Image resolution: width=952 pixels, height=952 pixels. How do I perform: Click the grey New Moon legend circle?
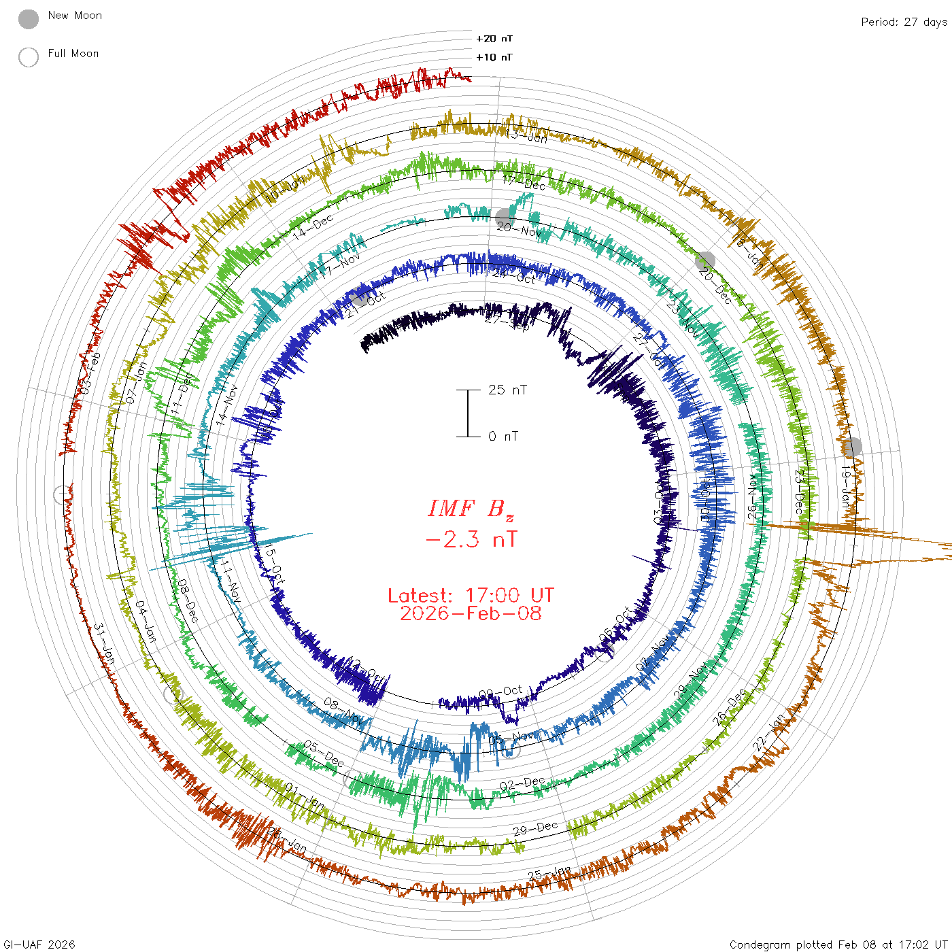29,20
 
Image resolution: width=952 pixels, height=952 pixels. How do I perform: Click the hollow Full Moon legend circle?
29,57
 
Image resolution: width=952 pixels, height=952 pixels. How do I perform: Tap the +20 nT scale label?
494,39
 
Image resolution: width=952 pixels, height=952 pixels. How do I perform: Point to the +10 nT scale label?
494,57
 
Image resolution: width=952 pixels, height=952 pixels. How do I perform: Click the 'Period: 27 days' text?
904,22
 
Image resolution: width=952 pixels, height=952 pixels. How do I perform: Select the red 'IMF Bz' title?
471,509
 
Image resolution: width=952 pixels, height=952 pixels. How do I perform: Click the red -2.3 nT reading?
471,540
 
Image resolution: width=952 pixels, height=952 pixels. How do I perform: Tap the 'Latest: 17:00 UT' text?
471,596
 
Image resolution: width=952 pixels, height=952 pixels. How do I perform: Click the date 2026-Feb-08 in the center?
471,613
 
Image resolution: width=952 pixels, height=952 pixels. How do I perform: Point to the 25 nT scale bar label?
507,390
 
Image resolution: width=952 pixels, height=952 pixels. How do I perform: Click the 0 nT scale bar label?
503,436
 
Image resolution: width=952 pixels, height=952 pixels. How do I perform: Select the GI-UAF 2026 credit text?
39,945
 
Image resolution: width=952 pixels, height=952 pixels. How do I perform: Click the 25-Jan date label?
549,874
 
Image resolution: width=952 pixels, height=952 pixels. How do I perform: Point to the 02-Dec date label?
522,784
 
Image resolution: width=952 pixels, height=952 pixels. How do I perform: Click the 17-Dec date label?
524,182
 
